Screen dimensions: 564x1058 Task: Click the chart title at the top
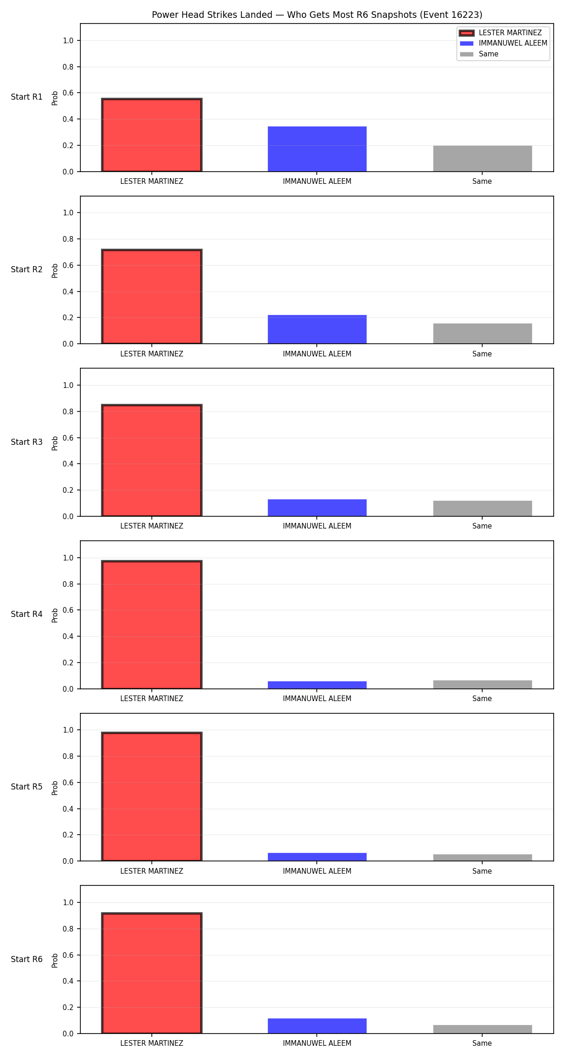[x=317, y=15]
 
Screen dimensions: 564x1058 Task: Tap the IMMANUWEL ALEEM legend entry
[x=503, y=43]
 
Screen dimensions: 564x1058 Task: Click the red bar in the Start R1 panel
[x=152, y=135]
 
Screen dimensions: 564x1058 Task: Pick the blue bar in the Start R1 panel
[x=317, y=149]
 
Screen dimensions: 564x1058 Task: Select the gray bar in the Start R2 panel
[x=483, y=334]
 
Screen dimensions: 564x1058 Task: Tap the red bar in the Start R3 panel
[x=152, y=460]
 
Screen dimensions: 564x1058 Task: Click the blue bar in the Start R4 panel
[x=317, y=685]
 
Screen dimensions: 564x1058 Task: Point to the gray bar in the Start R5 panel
[x=483, y=858]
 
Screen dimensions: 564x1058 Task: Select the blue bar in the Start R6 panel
[x=317, y=1026]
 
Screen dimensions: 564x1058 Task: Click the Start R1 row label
[x=27, y=97]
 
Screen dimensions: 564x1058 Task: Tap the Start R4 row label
[x=27, y=614]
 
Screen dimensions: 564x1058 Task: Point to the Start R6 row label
[x=27, y=959]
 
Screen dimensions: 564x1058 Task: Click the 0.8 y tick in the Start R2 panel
[x=68, y=239]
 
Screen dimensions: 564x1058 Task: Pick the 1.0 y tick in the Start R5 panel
[x=68, y=730]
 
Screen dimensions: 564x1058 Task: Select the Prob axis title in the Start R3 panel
[x=55, y=443]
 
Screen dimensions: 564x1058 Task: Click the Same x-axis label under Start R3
[x=482, y=526]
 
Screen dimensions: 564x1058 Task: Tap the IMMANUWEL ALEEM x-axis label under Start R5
[x=317, y=871]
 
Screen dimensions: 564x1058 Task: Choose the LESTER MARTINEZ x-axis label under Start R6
[x=152, y=1043]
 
